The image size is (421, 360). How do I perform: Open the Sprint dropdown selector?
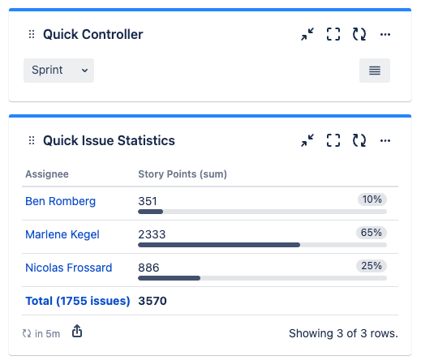coord(58,71)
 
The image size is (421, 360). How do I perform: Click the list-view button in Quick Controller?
coord(374,71)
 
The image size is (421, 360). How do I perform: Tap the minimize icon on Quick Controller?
coord(307,34)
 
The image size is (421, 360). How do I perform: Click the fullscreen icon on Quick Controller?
coord(333,34)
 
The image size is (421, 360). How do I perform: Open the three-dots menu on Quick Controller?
coord(385,34)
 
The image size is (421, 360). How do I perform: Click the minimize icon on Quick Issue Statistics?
coord(307,140)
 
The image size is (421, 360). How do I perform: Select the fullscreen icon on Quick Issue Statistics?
coord(333,140)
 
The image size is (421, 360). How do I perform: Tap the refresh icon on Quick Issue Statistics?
coord(359,140)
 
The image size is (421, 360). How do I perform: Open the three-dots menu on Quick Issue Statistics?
coord(385,140)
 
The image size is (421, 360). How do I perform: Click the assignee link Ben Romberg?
coord(60,201)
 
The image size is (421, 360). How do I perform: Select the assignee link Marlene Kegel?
coord(62,234)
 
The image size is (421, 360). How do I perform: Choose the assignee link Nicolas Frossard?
coord(69,268)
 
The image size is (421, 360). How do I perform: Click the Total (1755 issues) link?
coord(78,301)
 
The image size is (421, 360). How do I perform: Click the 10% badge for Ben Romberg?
coord(372,199)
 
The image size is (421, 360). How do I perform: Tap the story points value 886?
coord(149,268)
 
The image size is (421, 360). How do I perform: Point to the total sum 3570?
coord(153,301)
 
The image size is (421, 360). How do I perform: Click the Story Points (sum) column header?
coord(183,174)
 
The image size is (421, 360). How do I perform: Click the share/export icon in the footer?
coord(77,332)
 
